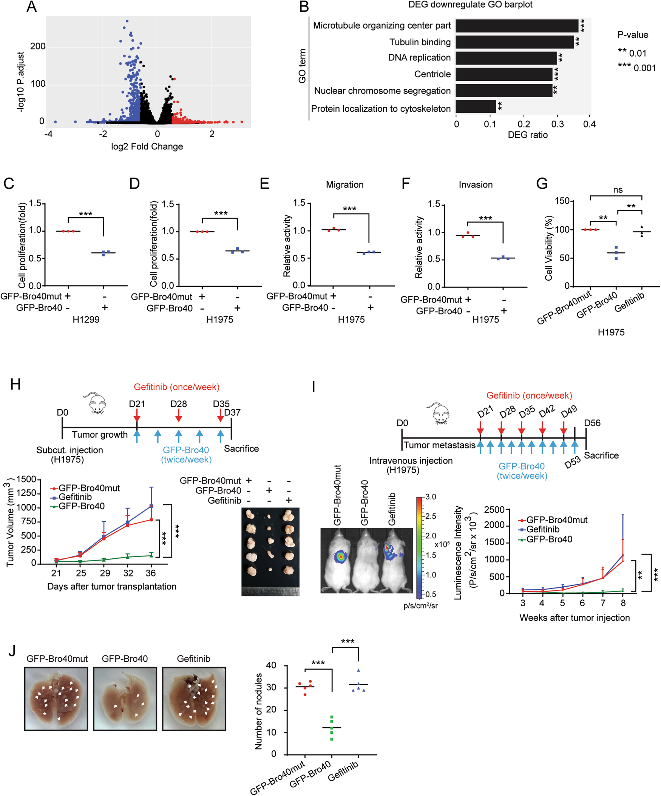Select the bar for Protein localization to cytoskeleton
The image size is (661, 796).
point(476,107)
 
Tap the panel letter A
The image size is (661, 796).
point(31,7)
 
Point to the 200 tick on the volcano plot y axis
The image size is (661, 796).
point(37,47)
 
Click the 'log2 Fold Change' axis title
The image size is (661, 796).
point(147,147)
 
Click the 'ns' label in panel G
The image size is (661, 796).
point(617,190)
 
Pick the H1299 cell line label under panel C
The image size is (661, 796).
point(86,320)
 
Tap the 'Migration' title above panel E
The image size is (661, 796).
point(344,184)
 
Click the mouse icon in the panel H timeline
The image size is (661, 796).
point(95,403)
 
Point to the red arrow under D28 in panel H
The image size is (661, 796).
point(178,417)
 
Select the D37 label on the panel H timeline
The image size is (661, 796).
point(232,412)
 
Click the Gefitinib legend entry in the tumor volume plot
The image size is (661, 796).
point(75,497)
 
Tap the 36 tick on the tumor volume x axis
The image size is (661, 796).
point(151,573)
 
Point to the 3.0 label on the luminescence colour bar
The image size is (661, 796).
point(431,497)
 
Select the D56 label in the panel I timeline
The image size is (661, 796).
point(592,423)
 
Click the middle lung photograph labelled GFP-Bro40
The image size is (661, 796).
point(125,699)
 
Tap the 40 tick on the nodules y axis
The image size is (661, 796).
point(271,665)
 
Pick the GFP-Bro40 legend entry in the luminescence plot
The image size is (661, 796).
point(549,539)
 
